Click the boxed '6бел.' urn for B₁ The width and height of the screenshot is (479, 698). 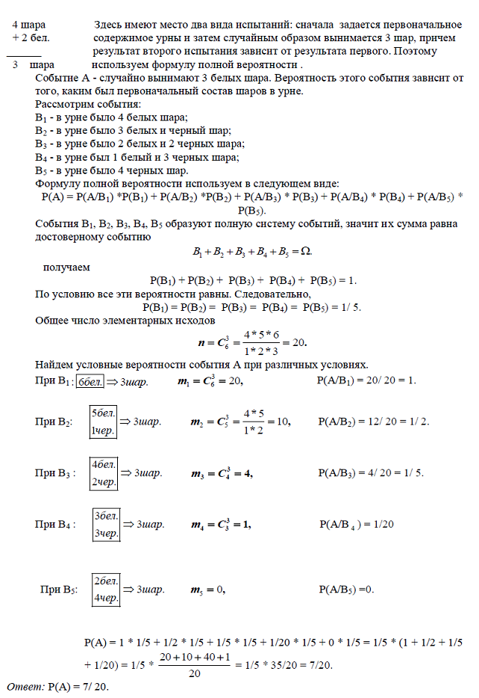(x=91, y=381)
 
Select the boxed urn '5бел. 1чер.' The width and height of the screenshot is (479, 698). (x=103, y=421)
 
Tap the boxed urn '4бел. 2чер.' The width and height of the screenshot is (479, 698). (x=103, y=473)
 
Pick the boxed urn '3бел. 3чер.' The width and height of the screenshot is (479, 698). (x=105, y=525)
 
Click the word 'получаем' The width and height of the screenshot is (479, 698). (x=66, y=267)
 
